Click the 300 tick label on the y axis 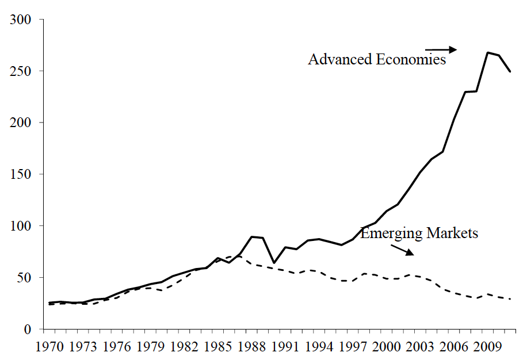tap(21, 20)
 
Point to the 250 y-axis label tap(21, 71)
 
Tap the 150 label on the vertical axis tap(21, 174)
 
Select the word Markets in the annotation tap(452, 233)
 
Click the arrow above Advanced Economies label tap(441, 49)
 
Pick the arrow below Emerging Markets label tap(402, 250)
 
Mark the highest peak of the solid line tap(488, 52)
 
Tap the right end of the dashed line tap(510, 299)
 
